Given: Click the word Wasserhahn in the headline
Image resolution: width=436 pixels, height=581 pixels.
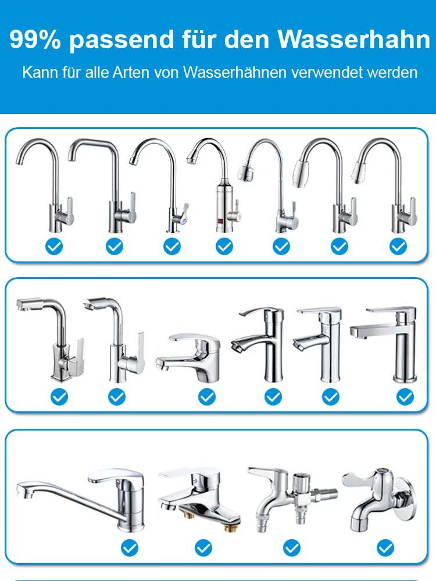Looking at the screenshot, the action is [x=354, y=39].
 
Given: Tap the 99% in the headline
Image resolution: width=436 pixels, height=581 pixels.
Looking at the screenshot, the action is [x=35, y=39].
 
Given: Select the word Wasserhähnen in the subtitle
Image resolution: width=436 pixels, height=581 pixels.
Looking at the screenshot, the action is [x=235, y=72].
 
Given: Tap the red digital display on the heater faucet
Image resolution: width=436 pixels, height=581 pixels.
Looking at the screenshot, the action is [x=220, y=223].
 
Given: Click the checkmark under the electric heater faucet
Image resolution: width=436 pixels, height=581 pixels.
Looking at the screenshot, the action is [x=224, y=246].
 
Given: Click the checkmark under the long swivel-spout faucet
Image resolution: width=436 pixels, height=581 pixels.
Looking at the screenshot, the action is [x=130, y=548].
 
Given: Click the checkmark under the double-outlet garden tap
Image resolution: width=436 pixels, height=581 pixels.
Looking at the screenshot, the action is [x=292, y=548].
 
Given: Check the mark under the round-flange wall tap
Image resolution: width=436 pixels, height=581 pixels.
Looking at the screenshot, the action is [x=385, y=548].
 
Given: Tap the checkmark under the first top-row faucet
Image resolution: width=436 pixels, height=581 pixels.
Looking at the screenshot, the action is [x=54, y=246].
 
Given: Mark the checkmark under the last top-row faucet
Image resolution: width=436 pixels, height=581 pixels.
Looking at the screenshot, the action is [x=398, y=246].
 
